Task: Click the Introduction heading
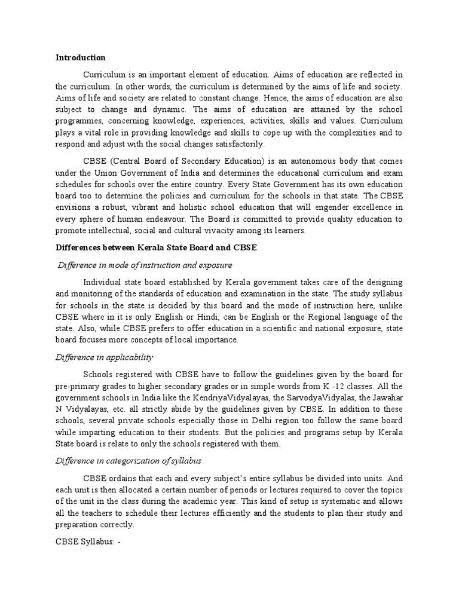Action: pyautogui.click(x=81, y=58)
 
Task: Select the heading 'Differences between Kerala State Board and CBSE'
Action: pyautogui.click(x=156, y=248)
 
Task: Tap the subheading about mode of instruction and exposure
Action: pyautogui.click(x=145, y=265)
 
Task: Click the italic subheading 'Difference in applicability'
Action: pyautogui.click(x=105, y=357)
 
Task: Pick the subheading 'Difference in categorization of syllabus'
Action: pyautogui.click(x=130, y=462)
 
